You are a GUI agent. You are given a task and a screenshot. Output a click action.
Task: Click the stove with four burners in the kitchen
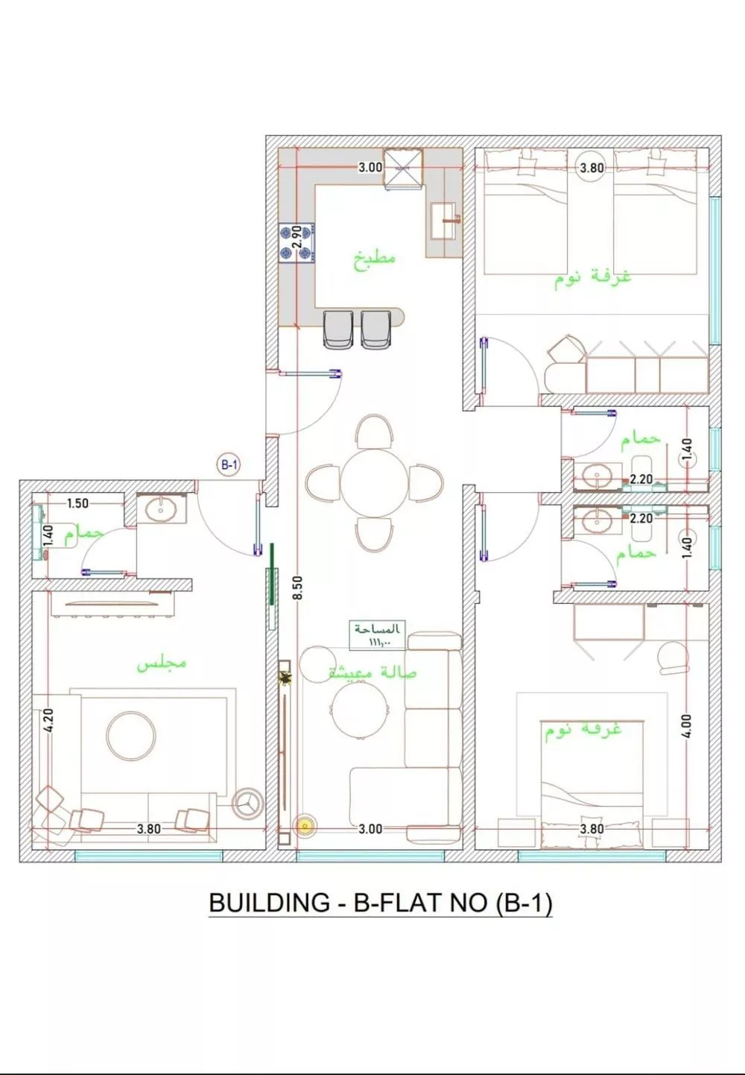(x=297, y=243)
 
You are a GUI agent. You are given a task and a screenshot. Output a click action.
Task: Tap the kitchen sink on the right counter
(x=445, y=221)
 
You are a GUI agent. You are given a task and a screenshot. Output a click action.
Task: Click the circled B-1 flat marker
(x=229, y=465)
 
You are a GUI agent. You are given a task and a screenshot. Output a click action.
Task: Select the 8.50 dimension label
(x=297, y=588)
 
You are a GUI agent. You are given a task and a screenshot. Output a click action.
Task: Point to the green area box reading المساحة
(x=378, y=634)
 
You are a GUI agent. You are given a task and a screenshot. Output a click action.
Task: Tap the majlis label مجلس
(x=161, y=663)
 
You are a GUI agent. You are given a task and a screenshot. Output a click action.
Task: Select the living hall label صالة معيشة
(x=372, y=672)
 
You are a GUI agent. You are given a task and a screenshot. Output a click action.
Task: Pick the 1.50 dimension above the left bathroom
(x=77, y=503)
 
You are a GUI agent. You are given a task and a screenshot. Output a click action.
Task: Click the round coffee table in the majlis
(x=131, y=735)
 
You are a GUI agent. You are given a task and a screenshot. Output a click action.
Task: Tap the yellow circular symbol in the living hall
(x=303, y=825)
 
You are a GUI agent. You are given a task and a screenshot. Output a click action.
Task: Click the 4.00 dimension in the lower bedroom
(x=686, y=726)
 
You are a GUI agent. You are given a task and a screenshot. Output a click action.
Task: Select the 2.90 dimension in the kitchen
(x=296, y=237)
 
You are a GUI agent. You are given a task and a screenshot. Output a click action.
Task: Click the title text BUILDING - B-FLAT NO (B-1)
(x=380, y=903)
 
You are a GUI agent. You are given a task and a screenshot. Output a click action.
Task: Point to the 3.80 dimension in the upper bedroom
(x=592, y=168)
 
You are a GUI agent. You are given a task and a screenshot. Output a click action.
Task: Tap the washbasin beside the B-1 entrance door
(x=162, y=510)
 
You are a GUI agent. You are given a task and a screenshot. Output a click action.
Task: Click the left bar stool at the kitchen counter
(x=338, y=330)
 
